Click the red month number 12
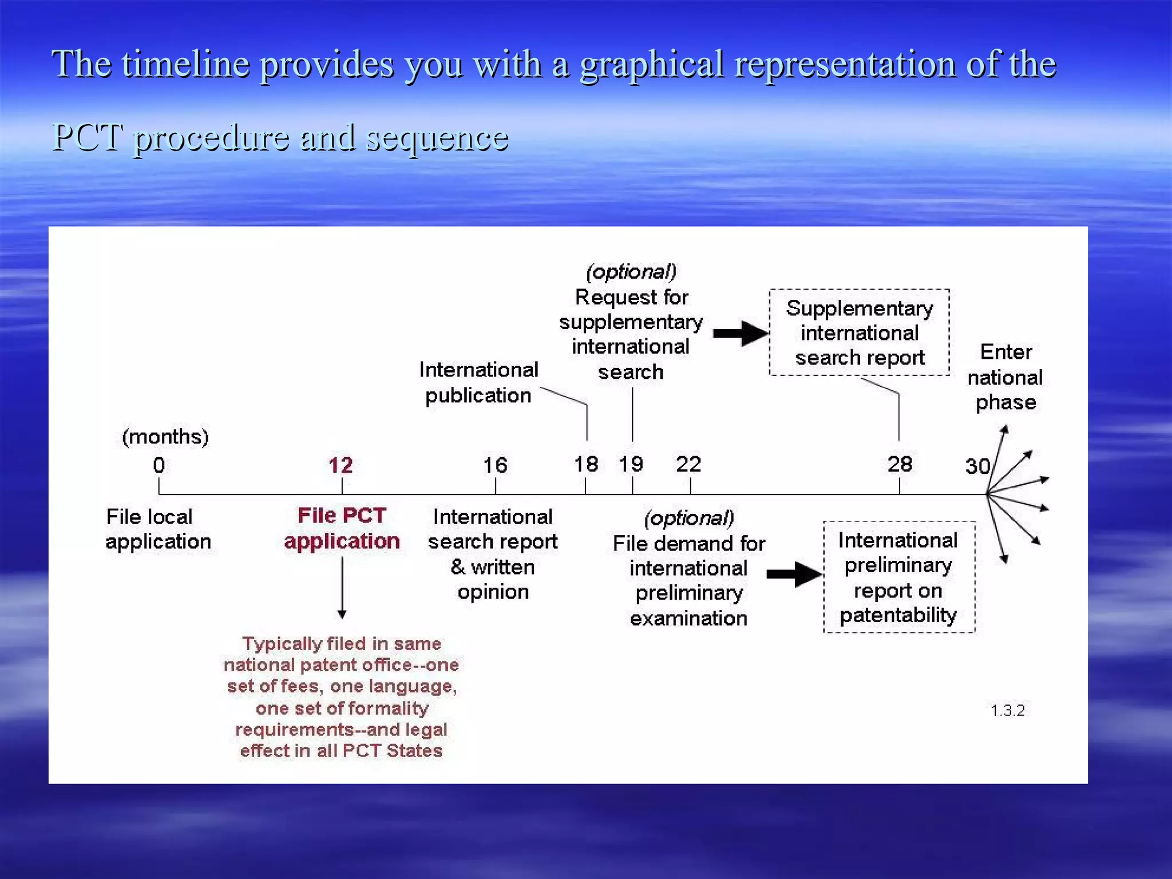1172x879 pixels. [x=340, y=465]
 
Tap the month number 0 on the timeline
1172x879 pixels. [x=159, y=465]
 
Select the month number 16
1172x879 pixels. [x=495, y=465]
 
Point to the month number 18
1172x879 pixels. [x=586, y=464]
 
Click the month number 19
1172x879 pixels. [x=631, y=464]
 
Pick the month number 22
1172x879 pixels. [x=688, y=464]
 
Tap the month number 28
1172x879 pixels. [x=900, y=464]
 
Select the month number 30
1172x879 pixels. [x=977, y=466]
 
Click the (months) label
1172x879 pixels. [x=165, y=437]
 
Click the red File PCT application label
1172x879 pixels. [x=342, y=528]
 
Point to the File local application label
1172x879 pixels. [x=158, y=529]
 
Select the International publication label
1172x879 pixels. [x=478, y=382]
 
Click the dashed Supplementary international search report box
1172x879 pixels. [x=860, y=332]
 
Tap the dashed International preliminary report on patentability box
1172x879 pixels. [x=898, y=577]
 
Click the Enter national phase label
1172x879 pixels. [x=1005, y=377]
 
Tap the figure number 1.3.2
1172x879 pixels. [x=1008, y=711]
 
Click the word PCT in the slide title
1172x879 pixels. [x=87, y=137]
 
